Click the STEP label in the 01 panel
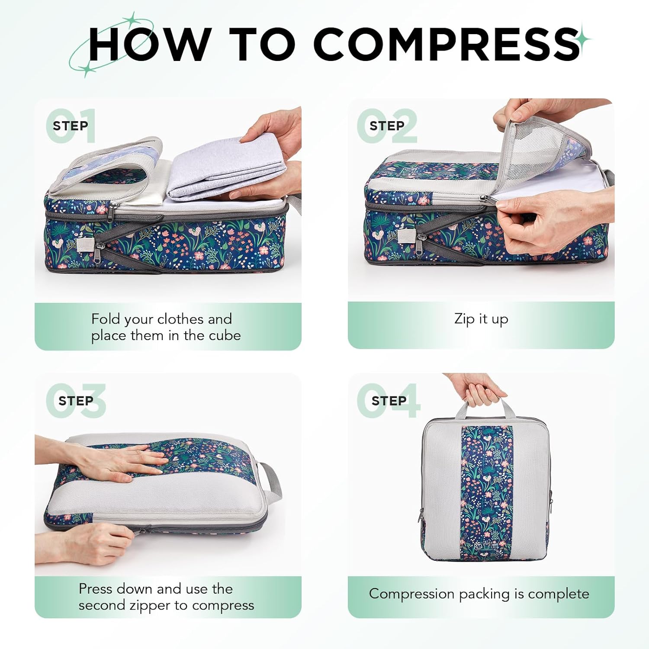(x=70, y=126)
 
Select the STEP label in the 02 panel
(x=387, y=126)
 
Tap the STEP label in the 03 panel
(x=76, y=401)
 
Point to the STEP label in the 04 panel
(x=389, y=401)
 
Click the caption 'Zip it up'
(x=481, y=319)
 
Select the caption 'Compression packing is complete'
(x=479, y=594)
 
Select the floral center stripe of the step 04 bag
(x=487, y=489)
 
